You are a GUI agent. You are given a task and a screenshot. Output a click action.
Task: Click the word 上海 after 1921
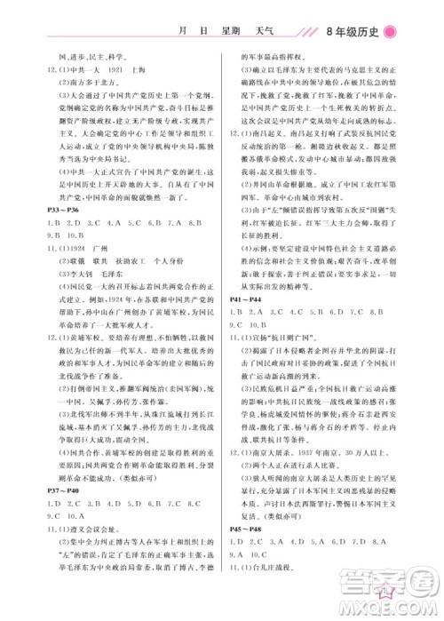(137, 68)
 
